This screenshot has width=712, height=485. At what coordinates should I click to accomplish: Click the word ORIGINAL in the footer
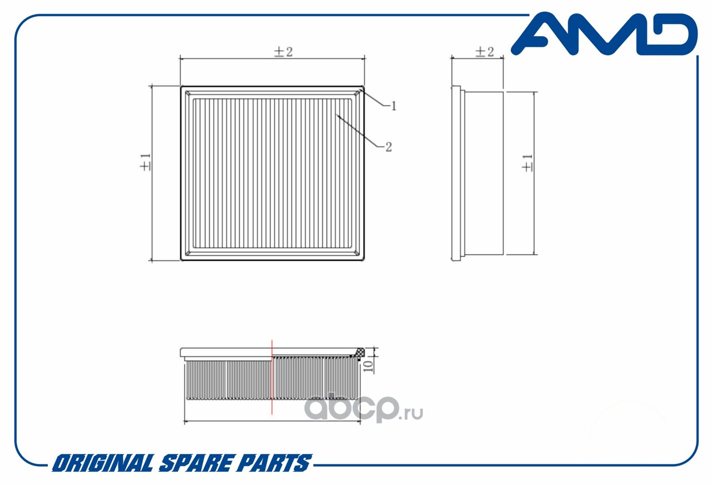(x=103, y=463)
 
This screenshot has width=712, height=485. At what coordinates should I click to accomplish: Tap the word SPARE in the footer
(x=195, y=463)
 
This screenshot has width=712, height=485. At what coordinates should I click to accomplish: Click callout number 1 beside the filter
(x=394, y=106)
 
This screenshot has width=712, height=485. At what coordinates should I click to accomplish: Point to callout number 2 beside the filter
(x=388, y=147)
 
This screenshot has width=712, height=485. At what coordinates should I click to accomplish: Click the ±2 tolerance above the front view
(x=283, y=52)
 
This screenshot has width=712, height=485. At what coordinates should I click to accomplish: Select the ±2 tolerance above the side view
(x=484, y=52)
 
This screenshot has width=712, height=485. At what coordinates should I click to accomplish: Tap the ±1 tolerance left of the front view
(x=145, y=162)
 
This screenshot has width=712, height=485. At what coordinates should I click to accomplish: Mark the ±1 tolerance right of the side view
(x=527, y=163)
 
